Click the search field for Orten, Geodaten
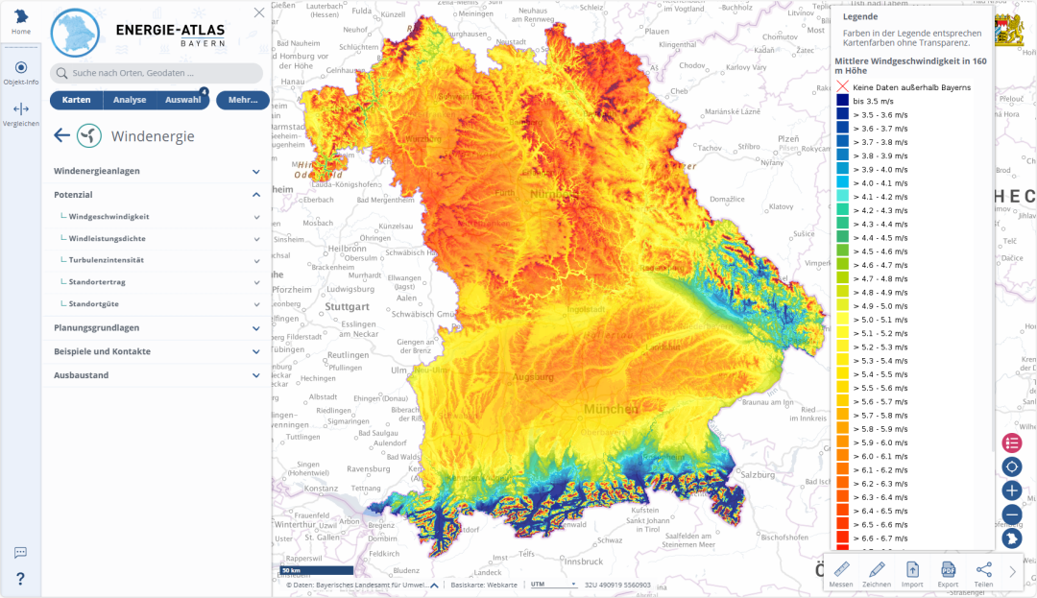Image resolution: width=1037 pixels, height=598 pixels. pos(157,73)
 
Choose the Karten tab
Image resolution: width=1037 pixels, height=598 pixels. pos(76,100)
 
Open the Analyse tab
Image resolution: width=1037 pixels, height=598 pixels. pos(130,100)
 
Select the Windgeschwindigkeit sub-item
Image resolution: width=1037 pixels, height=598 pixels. pos(109,216)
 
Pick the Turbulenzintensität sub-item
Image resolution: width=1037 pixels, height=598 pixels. pos(107,260)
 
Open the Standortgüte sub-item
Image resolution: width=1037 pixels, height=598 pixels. pos(93,303)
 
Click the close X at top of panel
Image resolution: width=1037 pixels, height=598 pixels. pos(259,12)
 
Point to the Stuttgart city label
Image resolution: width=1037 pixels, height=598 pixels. pos(347,307)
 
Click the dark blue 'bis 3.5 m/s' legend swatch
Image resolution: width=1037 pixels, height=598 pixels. pos(842,101)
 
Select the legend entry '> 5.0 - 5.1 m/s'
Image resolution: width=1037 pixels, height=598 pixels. pos(880,320)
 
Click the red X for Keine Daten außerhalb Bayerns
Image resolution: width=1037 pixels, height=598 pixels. pos(842,87)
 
